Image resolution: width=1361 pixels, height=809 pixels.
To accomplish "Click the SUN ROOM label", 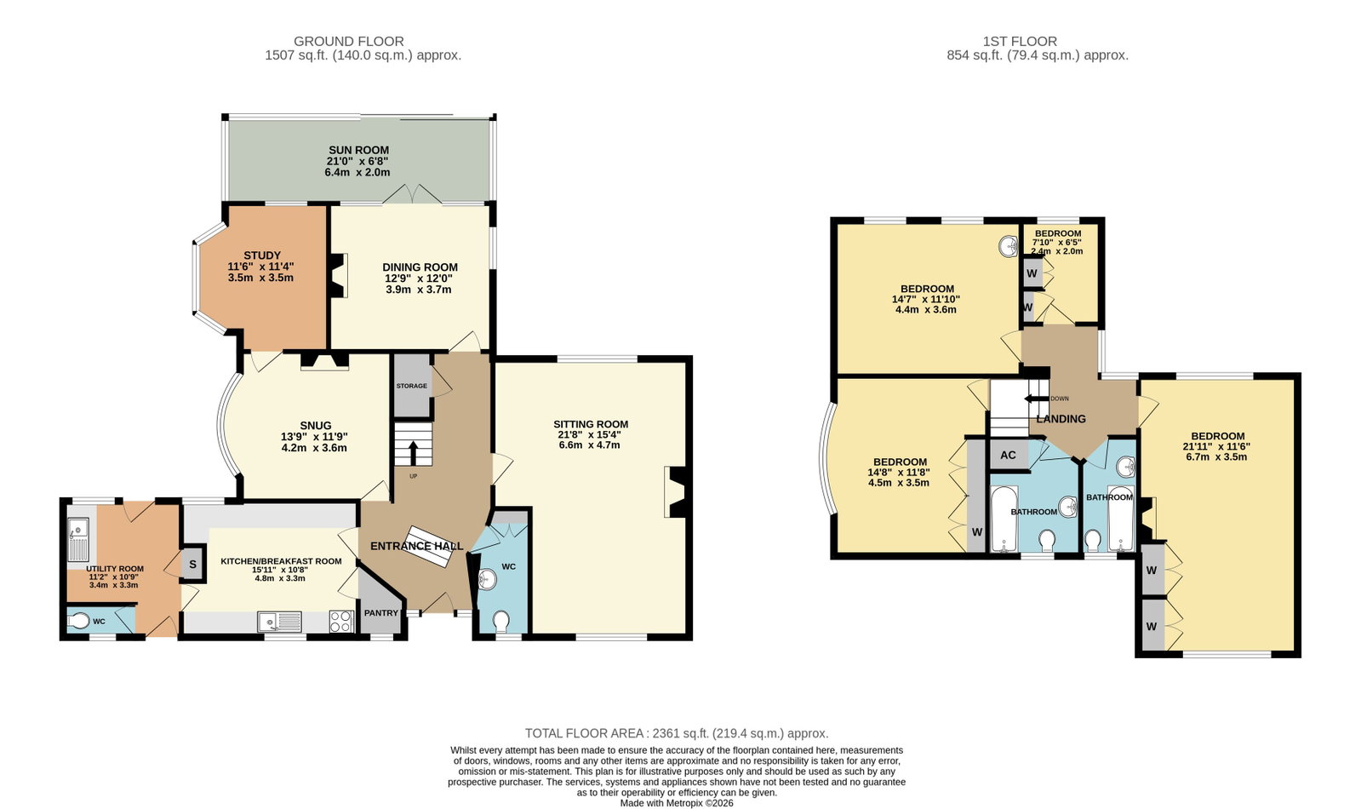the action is (x=358, y=150).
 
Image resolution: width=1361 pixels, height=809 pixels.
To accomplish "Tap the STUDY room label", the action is (x=262, y=255).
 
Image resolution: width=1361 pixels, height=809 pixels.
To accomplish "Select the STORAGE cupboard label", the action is (x=411, y=386).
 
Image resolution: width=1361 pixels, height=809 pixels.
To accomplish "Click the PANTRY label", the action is (x=381, y=612).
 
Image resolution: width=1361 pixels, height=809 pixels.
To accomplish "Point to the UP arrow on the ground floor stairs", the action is (x=413, y=452).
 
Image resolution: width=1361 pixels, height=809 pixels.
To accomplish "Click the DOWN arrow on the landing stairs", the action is (x=1038, y=399).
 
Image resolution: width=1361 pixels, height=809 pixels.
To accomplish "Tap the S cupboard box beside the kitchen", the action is (x=192, y=564).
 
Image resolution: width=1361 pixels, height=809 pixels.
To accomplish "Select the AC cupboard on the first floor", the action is (x=1009, y=455).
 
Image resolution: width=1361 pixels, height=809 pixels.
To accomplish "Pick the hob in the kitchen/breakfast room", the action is (x=341, y=621).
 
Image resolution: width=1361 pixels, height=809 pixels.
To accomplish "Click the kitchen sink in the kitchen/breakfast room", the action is (x=279, y=622).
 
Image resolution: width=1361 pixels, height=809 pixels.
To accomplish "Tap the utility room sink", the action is (x=78, y=539).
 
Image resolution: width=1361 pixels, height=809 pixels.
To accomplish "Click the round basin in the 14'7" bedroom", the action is (x=1008, y=246).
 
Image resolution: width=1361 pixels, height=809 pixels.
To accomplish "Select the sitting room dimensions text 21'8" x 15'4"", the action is (x=591, y=434).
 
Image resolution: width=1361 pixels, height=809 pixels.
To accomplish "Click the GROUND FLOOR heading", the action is (x=349, y=42).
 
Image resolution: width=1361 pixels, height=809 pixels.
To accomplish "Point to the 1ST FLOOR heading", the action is (x=1021, y=42).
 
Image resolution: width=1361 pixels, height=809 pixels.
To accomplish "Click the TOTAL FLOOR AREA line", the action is (x=677, y=733).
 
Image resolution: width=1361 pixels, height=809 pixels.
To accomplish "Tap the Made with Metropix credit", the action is (x=677, y=803).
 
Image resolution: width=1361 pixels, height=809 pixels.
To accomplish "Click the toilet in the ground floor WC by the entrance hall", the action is (x=501, y=622).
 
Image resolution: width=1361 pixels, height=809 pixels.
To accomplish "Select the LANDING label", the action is (x=1061, y=419).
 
